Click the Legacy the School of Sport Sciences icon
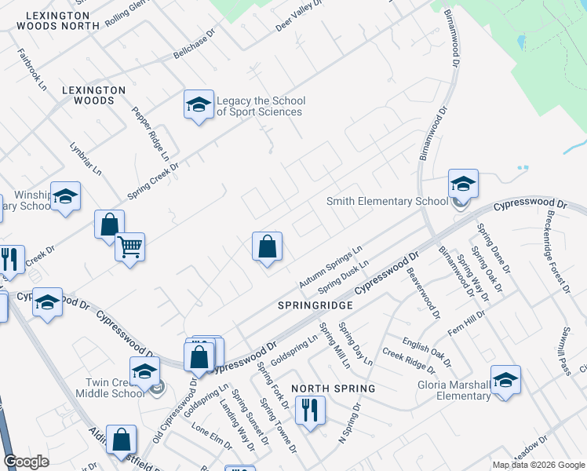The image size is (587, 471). coord(199,105)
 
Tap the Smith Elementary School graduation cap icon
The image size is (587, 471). coord(463,184)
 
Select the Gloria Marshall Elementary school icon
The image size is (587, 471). coord(505,380)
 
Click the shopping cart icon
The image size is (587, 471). coord(129,247)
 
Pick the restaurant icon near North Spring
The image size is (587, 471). coord(308,409)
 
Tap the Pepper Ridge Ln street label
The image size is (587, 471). coord(151,134)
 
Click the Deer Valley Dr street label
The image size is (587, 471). coord(299,16)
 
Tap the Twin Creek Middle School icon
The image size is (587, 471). coord(144,373)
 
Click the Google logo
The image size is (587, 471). coord(27,462)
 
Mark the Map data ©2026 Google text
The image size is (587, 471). coord(538,465)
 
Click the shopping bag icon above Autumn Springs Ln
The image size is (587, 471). coord(267,246)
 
